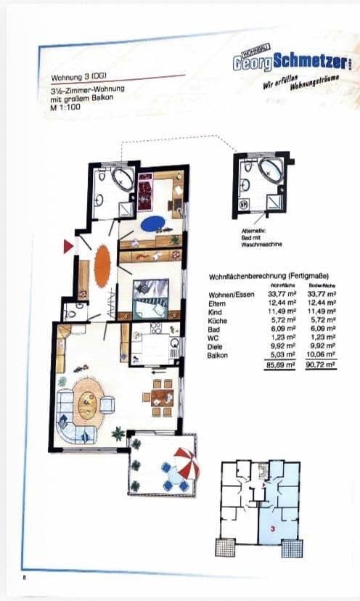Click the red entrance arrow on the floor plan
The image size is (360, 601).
[68, 247]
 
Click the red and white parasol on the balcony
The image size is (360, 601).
[185, 462]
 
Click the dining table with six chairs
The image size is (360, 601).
[158, 396]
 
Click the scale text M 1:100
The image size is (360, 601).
[66, 107]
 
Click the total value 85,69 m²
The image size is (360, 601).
[279, 366]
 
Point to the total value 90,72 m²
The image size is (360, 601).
[322, 366]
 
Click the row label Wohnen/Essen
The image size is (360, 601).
[226, 293]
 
